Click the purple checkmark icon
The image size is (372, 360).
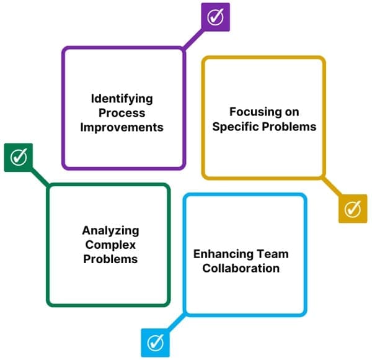point(215,17)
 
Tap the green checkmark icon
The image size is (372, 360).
point(19,157)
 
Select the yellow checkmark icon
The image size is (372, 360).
point(352,209)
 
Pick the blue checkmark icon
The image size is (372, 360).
point(156,342)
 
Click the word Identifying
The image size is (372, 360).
point(122,99)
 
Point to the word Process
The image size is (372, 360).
point(122,113)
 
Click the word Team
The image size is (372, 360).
point(273,254)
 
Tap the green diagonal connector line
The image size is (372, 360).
point(40,177)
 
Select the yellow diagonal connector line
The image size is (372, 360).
point(331,187)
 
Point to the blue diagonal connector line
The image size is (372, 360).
point(176,322)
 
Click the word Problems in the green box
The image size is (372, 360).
point(110,259)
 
